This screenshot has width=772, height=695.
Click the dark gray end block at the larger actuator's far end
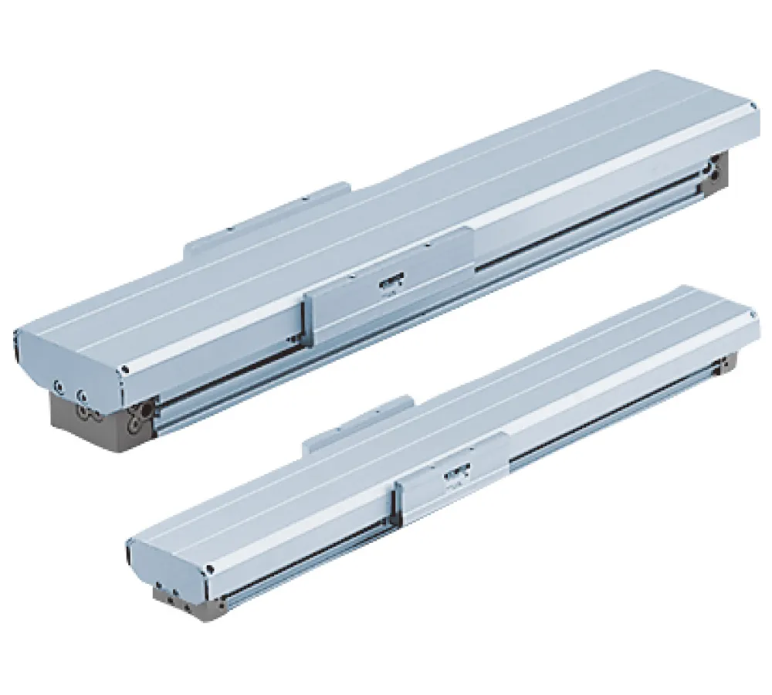(719, 174)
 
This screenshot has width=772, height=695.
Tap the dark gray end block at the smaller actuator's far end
(730, 364)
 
